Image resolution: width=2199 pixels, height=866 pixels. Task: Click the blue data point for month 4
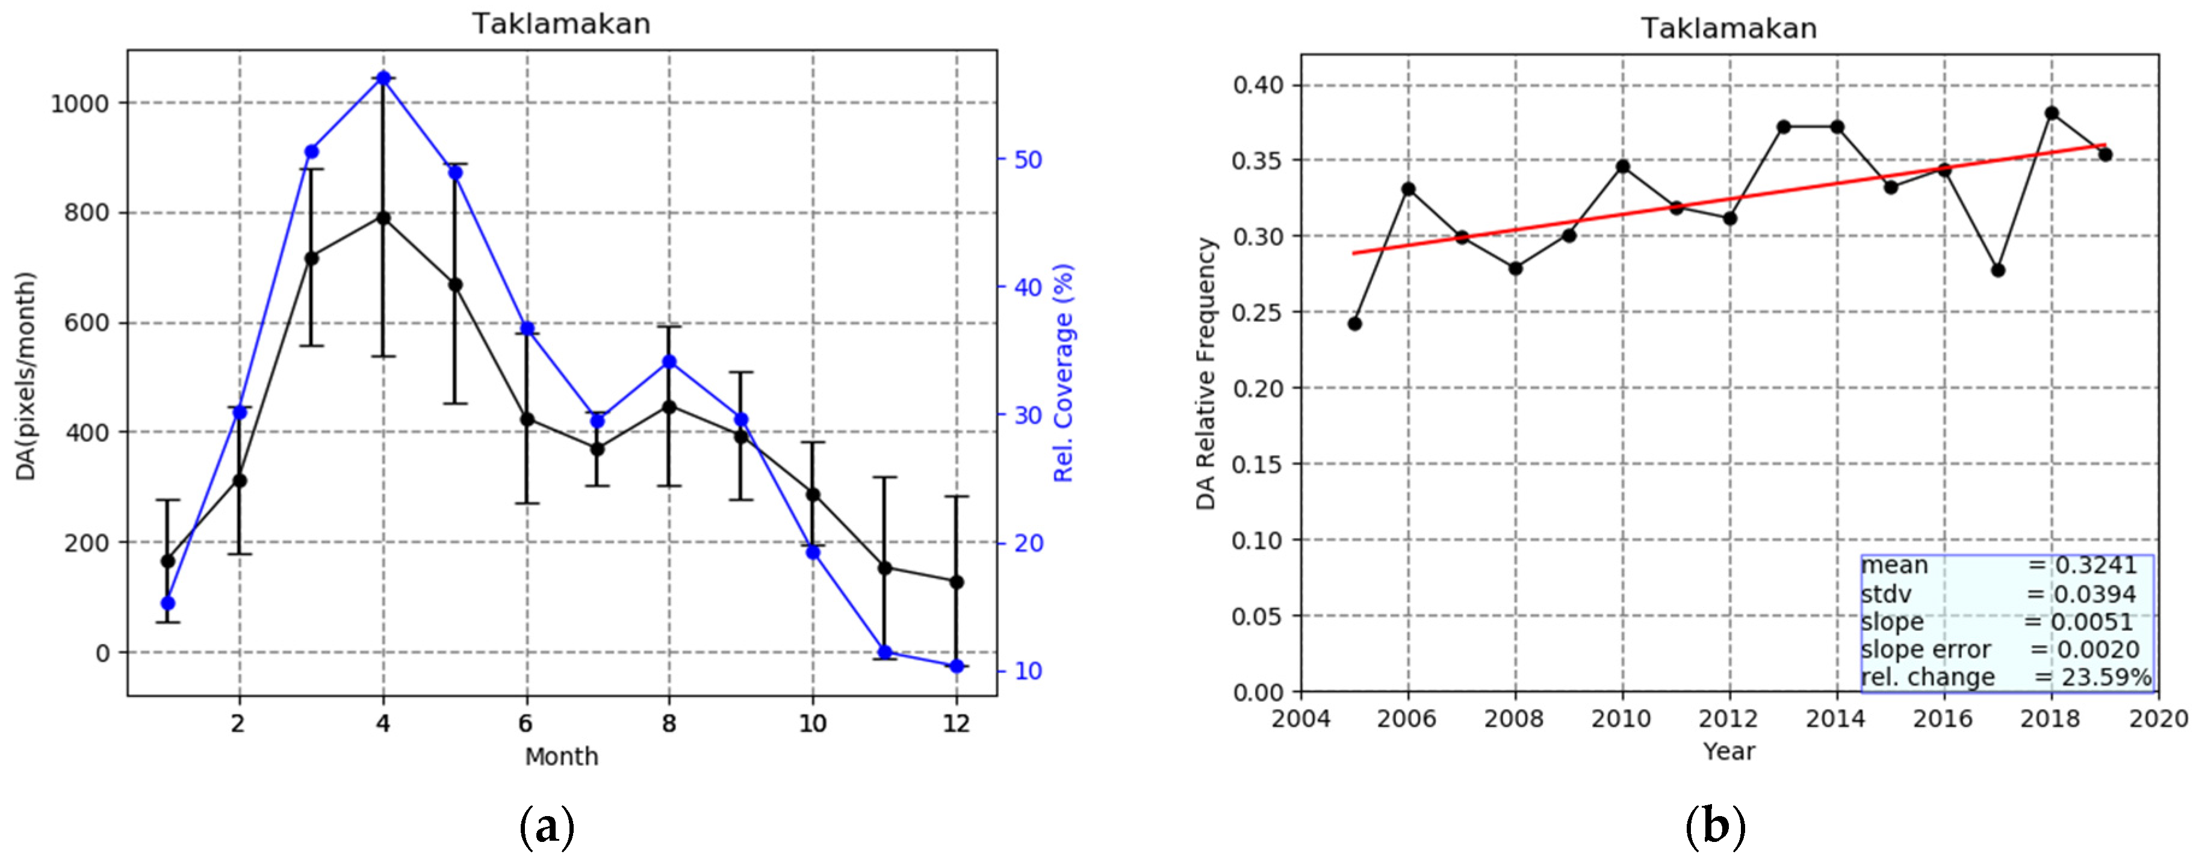pyautogui.click(x=383, y=79)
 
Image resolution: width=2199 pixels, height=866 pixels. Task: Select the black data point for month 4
pyautogui.click(x=383, y=218)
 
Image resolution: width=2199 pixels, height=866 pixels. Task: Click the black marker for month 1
pyautogui.click(x=167, y=560)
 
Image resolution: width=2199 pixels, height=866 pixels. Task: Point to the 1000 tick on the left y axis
pyautogui.click(x=80, y=104)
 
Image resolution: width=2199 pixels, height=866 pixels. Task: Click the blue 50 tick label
pyautogui.click(x=1028, y=159)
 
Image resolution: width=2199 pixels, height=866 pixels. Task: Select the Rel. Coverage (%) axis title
pyautogui.click(x=1063, y=373)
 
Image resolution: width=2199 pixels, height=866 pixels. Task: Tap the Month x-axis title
pyautogui.click(x=561, y=757)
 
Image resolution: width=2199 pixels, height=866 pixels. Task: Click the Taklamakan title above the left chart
pyautogui.click(x=561, y=24)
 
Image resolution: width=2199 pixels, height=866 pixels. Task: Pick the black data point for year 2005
pyautogui.click(x=1355, y=324)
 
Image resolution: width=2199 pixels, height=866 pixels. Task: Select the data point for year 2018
pyautogui.click(x=2052, y=114)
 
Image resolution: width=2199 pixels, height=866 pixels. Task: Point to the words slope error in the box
pyautogui.click(x=1925, y=650)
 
